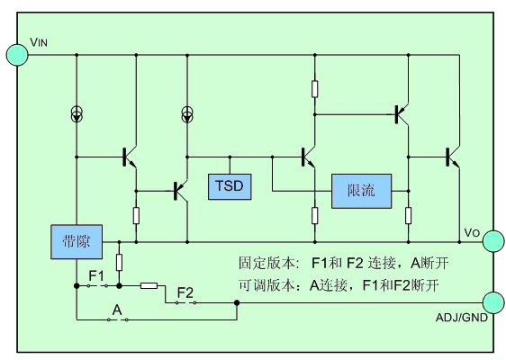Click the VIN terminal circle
click(x=17, y=55)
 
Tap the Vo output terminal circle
click(x=493, y=241)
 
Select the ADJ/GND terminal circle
click(x=493, y=302)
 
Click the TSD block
click(x=230, y=187)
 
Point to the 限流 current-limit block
click(x=361, y=191)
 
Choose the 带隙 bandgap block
click(x=77, y=242)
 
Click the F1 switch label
click(x=96, y=276)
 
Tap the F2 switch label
click(x=185, y=292)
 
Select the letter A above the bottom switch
click(x=117, y=310)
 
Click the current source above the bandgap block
click(x=77, y=114)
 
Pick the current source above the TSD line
click(x=187, y=114)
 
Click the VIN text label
click(x=39, y=42)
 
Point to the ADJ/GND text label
click(x=462, y=318)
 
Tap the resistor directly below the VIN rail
click(x=315, y=89)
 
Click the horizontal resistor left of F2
click(x=149, y=285)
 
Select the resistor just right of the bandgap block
click(x=119, y=262)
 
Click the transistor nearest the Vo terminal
click(x=453, y=157)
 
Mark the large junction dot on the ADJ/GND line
click(x=237, y=302)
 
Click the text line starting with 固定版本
click(x=343, y=263)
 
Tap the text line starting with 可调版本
click(x=339, y=285)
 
